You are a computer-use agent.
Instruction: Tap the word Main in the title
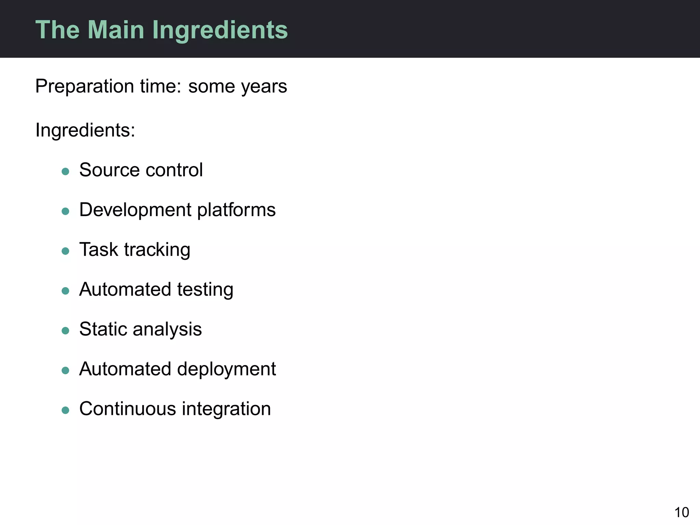(116, 30)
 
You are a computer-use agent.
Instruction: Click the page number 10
(682, 513)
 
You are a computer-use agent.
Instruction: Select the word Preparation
(84, 86)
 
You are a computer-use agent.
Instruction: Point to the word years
(264, 87)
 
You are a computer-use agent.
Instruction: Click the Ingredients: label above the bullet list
(85, 130)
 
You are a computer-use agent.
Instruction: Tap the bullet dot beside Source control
(65, 171)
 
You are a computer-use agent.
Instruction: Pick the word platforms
(236, 210)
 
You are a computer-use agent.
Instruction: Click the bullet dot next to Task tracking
(65, 251)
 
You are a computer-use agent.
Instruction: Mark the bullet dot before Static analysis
(65, 331)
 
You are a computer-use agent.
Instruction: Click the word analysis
(167, 329)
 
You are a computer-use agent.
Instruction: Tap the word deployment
(226, 369)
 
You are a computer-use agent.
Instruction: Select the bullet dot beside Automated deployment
(65, 370)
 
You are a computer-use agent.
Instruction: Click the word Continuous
(128, 409)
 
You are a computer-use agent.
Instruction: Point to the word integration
(226, 409)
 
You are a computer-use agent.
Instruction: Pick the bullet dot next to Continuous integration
(65, 410)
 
